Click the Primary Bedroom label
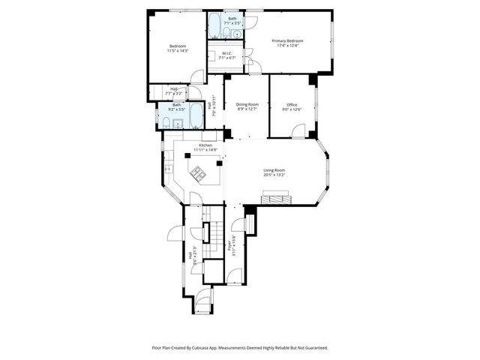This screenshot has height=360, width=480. click(x=287, y=40)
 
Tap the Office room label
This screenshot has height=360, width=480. click(x=291, y=104)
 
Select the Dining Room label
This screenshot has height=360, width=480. click(x=247, y=104)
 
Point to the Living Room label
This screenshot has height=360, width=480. click(x=274, y=170)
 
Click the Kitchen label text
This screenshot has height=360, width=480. click(x=205, y=145)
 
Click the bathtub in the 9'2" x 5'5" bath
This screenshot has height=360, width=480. click(x=196, y=116)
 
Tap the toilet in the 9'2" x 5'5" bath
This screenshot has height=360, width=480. click(x=166, y=121)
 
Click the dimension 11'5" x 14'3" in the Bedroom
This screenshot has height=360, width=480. click(x=178, y=50)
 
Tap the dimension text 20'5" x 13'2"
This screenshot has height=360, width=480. click(x=274, y=175)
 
